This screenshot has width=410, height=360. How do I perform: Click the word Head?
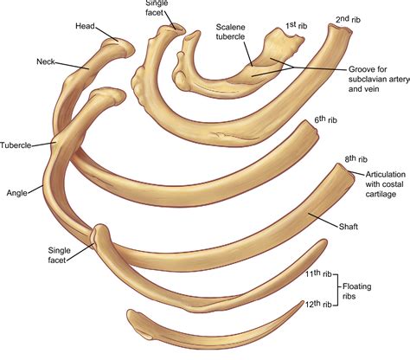click(85, 26)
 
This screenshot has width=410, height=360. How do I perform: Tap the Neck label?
click(46, 61)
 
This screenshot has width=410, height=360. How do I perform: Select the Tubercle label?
click(16, 145)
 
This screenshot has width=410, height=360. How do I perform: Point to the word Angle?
click(17, 193)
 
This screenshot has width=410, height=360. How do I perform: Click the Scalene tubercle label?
click(231, 32)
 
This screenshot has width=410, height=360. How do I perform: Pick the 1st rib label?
click(297, 25)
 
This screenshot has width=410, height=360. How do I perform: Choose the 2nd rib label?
click(348, 19)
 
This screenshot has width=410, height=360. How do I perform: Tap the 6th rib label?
click(325, 119)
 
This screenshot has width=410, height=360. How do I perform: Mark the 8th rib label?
click(356, 159)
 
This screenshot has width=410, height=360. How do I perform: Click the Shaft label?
click(349, 227)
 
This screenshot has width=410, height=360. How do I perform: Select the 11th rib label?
click(318, 273)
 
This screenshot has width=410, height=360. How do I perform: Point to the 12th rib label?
click(318, 304)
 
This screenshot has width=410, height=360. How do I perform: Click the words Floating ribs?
click(356, 292)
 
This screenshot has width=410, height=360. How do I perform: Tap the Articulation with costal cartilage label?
click(385, 184)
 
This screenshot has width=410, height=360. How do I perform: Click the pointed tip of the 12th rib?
click(303, 302)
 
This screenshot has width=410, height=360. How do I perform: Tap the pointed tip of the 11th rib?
click(325, 241)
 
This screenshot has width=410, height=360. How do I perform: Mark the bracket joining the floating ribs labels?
click(337, 289)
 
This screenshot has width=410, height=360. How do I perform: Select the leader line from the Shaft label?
click(324, 220)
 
